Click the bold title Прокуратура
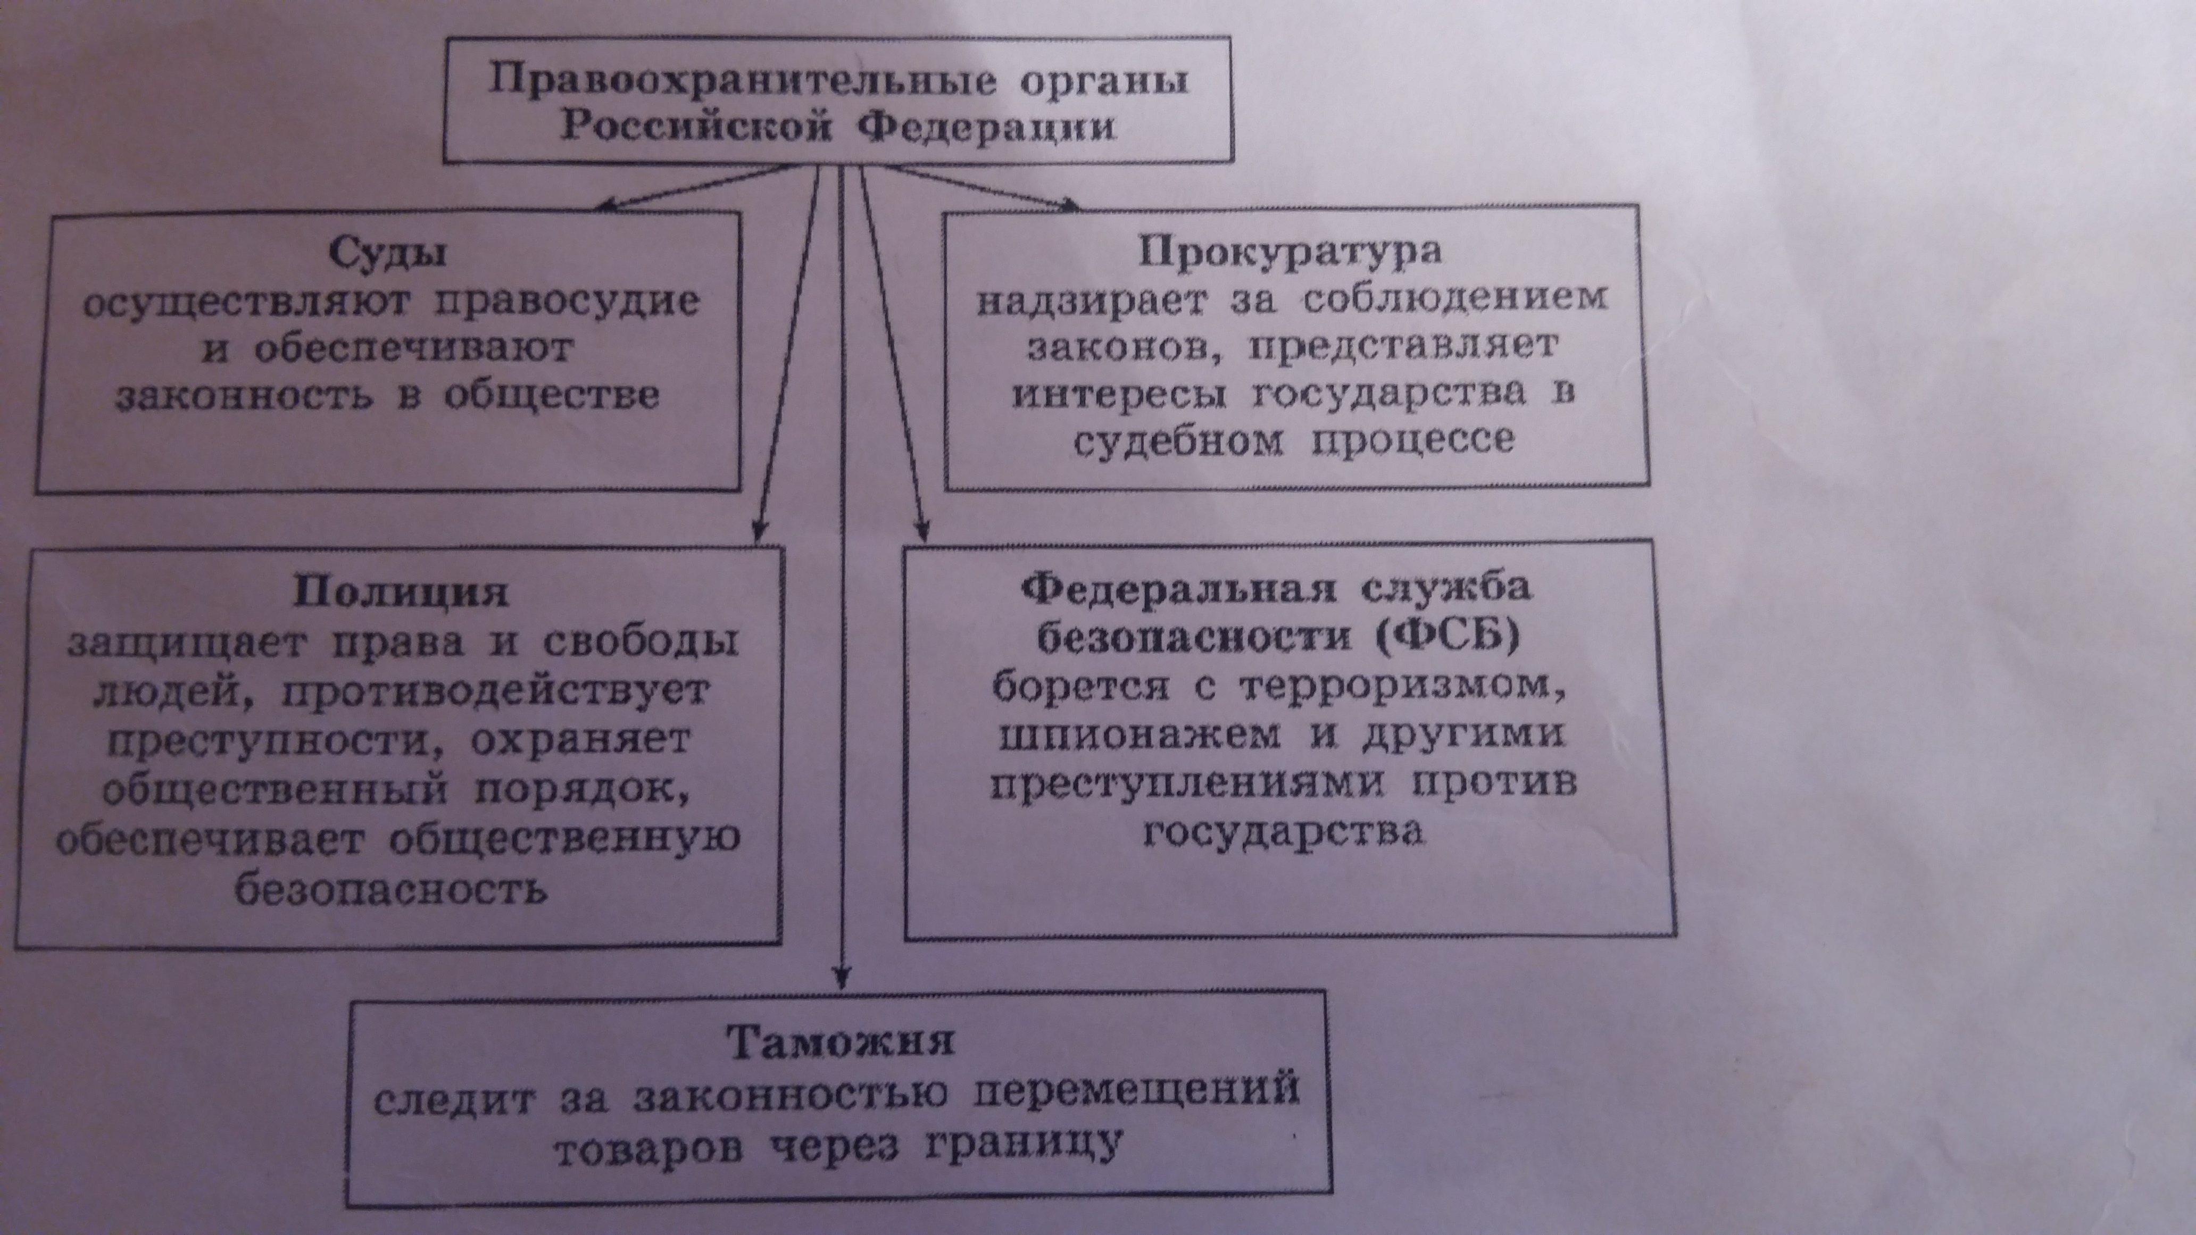(x=1291, y=251)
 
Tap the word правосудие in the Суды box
(x=567, y=301)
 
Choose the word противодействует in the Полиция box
(x=494, y=690)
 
